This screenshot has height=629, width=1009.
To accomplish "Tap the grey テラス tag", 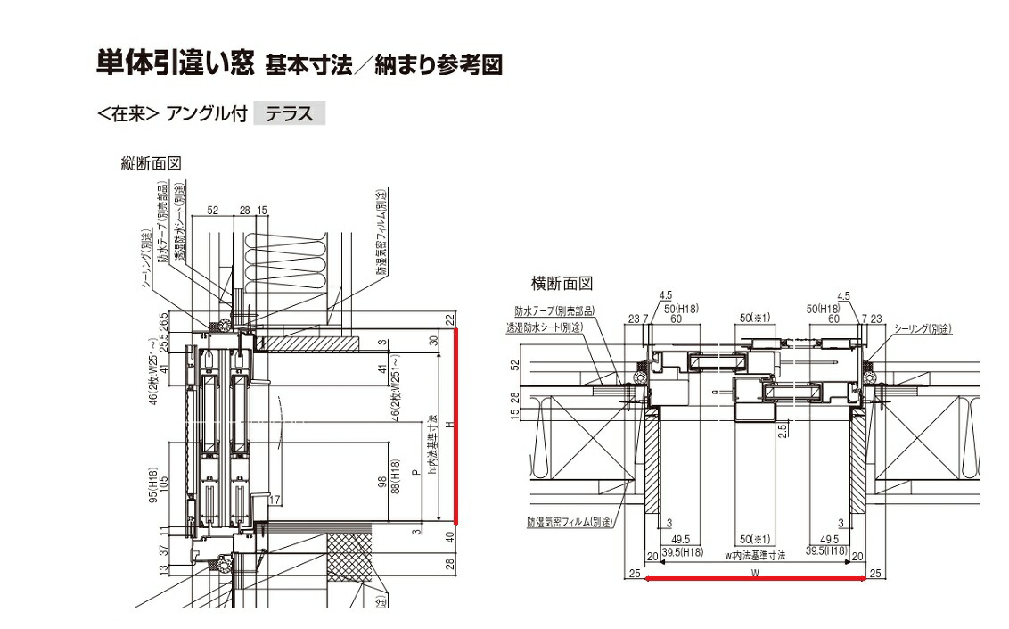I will (290, 114).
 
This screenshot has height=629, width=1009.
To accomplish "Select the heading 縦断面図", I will (152, 163).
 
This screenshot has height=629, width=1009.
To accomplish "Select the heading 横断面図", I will (562, 284).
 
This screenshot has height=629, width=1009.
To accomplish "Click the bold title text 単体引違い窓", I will (174, 65).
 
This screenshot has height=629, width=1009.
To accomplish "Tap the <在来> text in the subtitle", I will (128, 115).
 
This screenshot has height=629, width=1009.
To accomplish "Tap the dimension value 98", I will (381, 483).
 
